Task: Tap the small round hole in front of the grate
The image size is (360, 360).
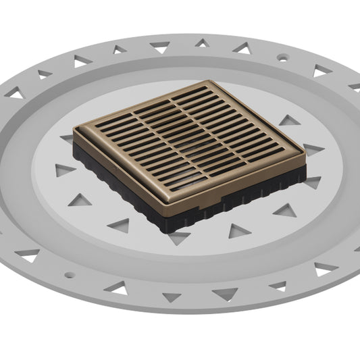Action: [x=68, y=274]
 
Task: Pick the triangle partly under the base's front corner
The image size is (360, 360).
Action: [x=179, y=237]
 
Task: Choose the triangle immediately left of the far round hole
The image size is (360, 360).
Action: [x=242, y=49]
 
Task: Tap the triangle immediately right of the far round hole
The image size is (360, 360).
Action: [x=320, y=70]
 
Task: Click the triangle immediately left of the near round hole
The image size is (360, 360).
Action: [x=28, y=255]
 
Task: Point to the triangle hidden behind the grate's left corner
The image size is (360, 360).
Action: [x=68, y=138]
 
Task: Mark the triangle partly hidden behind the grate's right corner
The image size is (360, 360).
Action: [x=312, y=149]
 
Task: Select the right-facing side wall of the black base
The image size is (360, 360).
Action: [x=243, y=196]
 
